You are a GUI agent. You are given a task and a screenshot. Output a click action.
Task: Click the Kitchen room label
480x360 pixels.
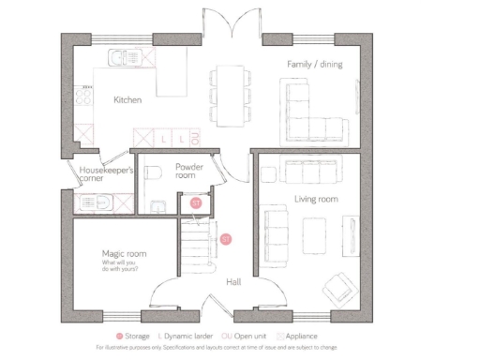[127, 99]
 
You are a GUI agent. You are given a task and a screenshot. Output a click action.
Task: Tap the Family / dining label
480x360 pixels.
[314, 64]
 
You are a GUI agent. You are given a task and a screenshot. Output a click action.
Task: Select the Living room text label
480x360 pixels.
[315, 199]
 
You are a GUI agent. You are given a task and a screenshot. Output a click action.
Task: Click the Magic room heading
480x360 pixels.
[124, 254]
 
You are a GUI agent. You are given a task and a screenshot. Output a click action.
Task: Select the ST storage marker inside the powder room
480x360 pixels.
[196, 202]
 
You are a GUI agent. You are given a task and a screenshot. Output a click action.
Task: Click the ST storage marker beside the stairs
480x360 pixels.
[225, 240]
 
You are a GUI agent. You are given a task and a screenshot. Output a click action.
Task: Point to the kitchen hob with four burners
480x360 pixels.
[84, 96]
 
